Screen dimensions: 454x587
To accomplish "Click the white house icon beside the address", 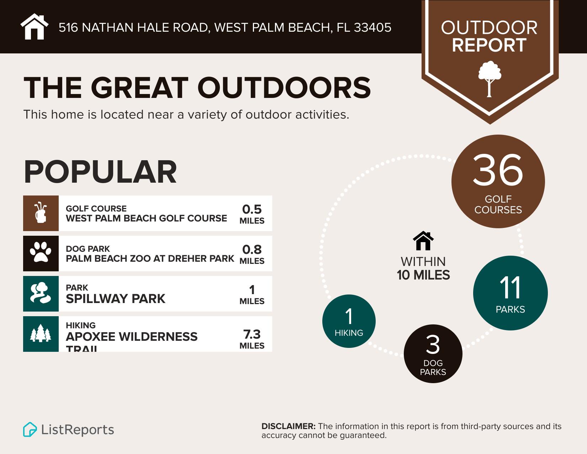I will click(35, 27).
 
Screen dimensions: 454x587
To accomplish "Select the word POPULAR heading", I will click(100, 172).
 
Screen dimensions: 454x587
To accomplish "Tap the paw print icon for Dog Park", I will click(41, 253).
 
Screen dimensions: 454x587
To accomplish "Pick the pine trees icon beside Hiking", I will click(41, 334).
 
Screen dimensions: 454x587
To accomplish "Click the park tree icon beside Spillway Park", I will click(41, 293).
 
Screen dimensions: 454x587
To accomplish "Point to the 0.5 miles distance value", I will click(252, 209).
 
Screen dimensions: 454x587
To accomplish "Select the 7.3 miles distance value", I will click(252, 334).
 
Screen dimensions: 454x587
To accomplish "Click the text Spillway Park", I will click(116, 298).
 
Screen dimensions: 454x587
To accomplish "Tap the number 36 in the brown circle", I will click(498, 171).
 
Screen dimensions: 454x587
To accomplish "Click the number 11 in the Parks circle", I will click(510, 288).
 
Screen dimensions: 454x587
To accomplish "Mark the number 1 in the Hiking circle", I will click(349, 316).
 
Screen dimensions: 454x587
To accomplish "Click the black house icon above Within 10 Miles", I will click(423, 241).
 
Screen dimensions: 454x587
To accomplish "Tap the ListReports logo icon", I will click(30, 429).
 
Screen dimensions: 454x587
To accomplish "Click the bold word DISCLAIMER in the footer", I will click(288, 426).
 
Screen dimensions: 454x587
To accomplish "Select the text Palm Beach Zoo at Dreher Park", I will click(150, 259).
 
